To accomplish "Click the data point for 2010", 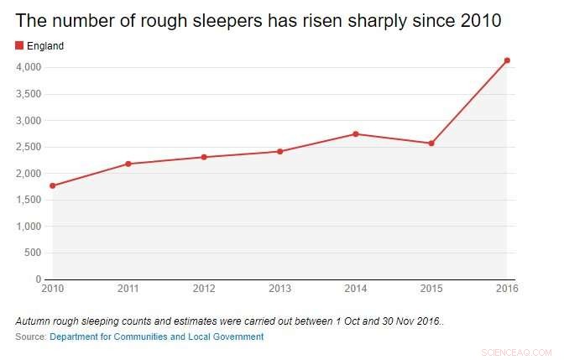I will [x=52, y=185].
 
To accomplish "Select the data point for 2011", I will [x=128, y=164].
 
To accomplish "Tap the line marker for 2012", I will [x=204, y=157].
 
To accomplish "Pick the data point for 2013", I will [x=280, y=152].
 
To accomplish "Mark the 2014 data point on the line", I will [x=356, y=133].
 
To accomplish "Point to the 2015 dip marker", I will [x=431, y=143].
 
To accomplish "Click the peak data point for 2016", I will [x=507, y=60].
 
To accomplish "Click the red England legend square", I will [x=19, y=45].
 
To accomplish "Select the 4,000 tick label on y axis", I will [x=29, y=67].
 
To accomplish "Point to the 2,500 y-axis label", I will [x=29, y=147].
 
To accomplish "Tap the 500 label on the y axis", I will [x=34, y=253].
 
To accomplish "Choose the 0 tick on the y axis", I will [x=39, y=279].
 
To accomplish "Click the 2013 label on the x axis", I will [x=279, y=290].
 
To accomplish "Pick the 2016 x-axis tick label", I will [x=507, y=290].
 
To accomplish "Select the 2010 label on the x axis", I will [x=52, y=290].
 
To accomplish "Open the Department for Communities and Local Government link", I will [x=156, y=337].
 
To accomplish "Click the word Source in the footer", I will [x=30, y=337].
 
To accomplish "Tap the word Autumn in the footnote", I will [x=33, y=321].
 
